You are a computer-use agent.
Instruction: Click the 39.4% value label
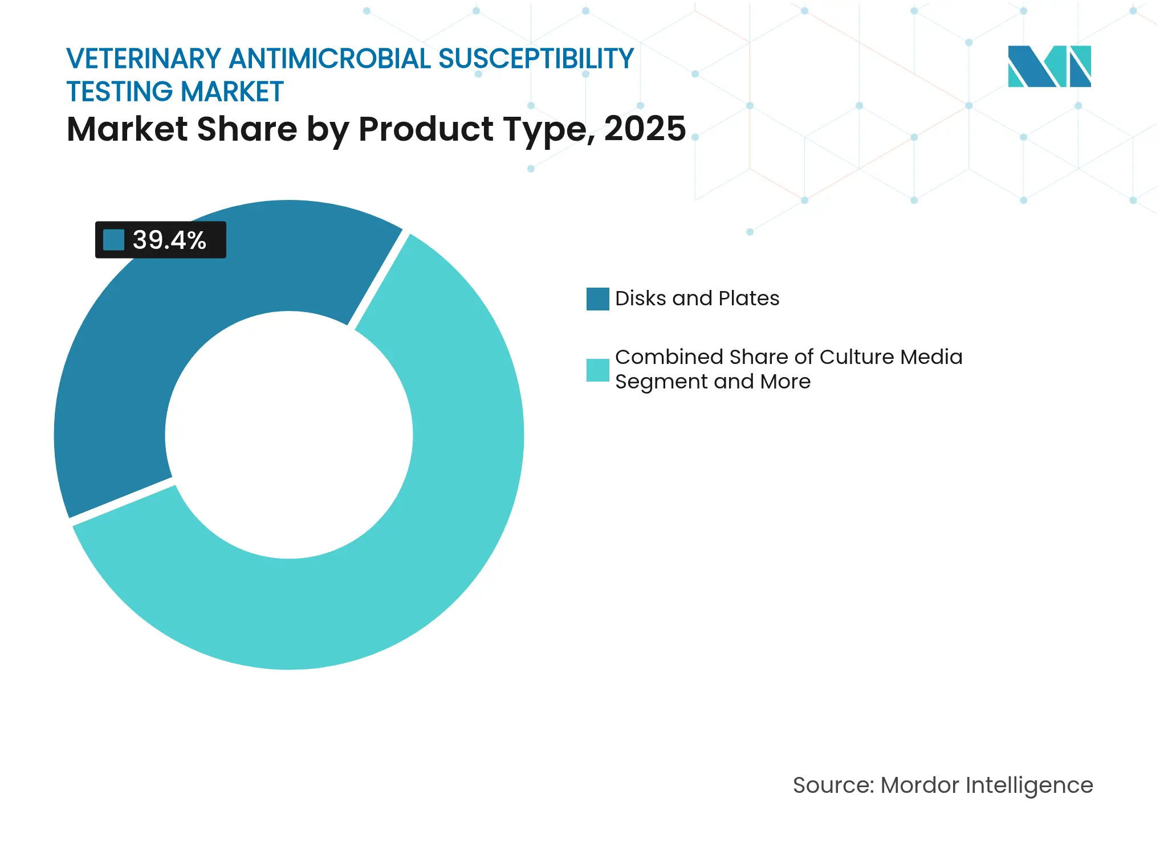(x=169, y=240)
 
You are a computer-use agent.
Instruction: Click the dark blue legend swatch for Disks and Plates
(x=597, y=298)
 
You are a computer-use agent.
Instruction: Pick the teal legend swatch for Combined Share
(x=597, y=370)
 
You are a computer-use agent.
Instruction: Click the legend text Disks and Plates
(x=697, y=298)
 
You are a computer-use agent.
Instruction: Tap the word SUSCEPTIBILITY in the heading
(x=536, y=59)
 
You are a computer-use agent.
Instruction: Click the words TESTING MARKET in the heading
(x=175, y=92)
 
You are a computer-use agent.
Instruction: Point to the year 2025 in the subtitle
(x=645, y=129)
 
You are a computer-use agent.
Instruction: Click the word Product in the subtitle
(x=426, y=129)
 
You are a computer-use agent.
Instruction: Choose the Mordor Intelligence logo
(x=1049, y=66)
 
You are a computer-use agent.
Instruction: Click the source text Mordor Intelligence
(x=986, y=785)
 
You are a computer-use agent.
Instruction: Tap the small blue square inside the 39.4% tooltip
(x=113, y=240)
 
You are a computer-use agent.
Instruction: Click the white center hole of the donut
(x=289, y=435)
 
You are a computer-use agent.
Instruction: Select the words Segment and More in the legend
(x=713, y=382)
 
